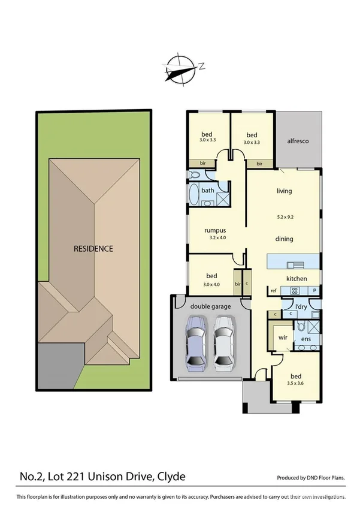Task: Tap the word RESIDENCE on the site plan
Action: point(93,248)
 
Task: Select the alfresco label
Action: point(298,140)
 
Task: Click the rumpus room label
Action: point(214,230)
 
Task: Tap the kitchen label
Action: point(297,279)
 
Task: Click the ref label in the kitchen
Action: point(274,291)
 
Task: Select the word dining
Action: point(285,239)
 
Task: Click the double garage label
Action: point(210,306)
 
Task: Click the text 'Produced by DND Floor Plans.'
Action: point(311,478)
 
